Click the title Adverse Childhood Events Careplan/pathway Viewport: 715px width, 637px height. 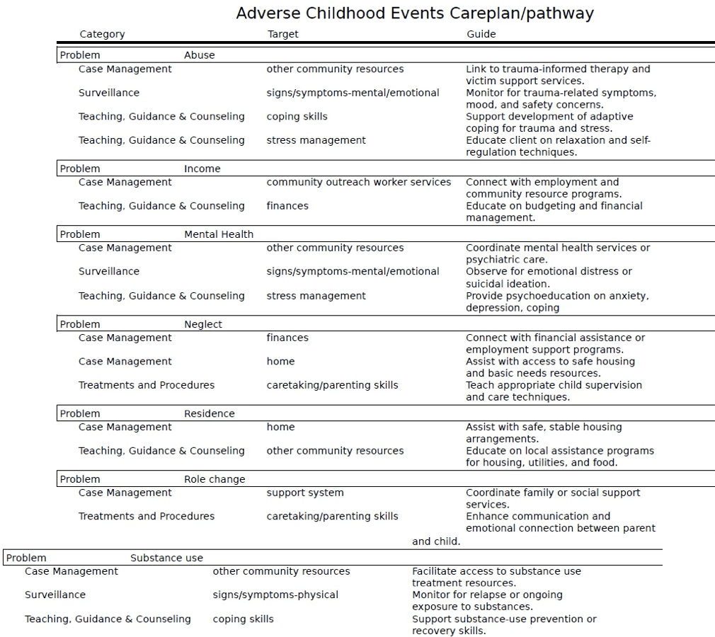[414, 13]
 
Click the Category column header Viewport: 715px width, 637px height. [102, 34]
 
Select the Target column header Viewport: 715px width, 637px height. [282, 34]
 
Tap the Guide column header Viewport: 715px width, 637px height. [481, 34]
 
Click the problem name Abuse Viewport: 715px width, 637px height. [199, 55]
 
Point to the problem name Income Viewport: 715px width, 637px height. [202, 168]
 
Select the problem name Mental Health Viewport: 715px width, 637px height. [218, 234]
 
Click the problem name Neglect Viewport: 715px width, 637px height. [202, 324]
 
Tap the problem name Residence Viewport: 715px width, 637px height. [209, 413]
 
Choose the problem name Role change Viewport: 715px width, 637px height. [214, 479]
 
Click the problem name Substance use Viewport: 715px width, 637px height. [166, 558]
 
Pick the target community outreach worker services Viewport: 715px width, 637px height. [358, 182]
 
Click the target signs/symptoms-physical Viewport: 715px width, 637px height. [275, 595]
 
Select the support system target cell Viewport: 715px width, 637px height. [304, 493]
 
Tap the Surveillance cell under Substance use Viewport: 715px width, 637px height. [55, 595]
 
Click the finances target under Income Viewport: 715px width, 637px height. [287, 206]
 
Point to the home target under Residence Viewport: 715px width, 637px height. [280, 427]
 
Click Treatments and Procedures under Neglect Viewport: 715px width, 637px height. [146, 385]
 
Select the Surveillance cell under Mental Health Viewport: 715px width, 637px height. [109, 271]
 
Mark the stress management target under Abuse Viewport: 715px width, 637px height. [316, 140]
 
